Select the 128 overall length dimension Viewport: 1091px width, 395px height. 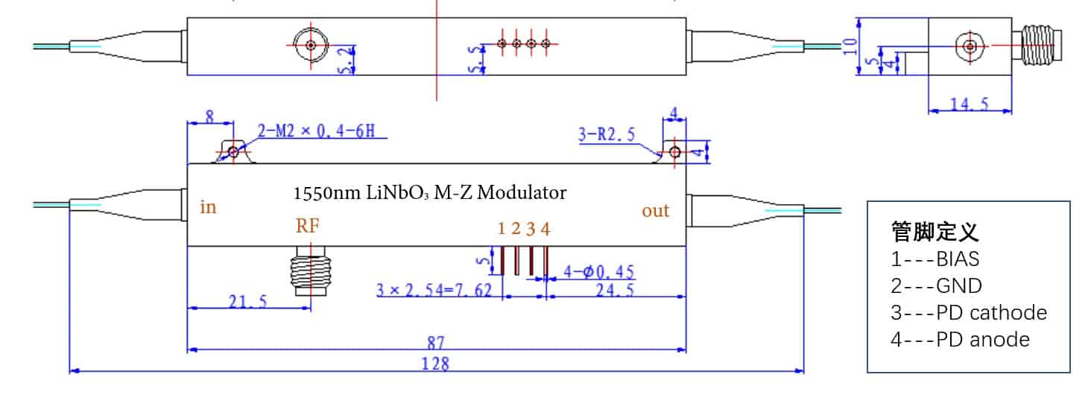click(436, 364)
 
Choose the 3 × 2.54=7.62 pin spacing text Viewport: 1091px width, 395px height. click(434, 291)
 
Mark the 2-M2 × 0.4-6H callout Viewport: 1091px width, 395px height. click(321, 133)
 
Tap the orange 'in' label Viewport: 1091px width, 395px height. click(208, 207)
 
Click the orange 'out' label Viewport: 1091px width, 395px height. click(656, 211)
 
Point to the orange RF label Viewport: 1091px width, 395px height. click(309, 227)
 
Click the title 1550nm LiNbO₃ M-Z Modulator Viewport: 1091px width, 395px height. click(430, 193)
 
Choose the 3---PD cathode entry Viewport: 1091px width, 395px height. click(968, 312)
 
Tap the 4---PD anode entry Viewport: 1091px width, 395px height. click(960, 339)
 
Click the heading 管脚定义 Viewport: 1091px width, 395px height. click(935, 232)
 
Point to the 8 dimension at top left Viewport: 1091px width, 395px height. click(209, 117)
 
